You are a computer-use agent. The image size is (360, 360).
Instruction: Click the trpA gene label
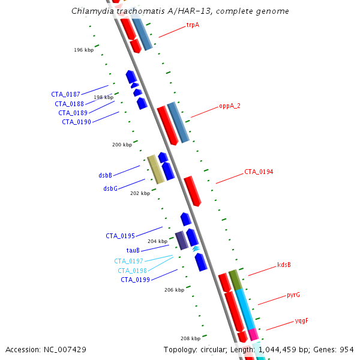tap(193, 25)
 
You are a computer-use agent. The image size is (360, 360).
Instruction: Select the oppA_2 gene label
tap(230, 106)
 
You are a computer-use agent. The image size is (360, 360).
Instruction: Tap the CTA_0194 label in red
tap(259, 172)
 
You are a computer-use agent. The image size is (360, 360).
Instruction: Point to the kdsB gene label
tap(284, 265)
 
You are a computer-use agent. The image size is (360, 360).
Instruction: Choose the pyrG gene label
tap(293, 295)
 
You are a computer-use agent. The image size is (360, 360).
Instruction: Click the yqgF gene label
tap(301, 321)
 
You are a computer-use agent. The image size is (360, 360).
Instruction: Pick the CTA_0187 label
tap(65, 94)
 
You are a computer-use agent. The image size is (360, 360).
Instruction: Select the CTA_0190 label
tap(76, 122)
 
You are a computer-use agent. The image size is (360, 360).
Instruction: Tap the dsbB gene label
tap(106, 175)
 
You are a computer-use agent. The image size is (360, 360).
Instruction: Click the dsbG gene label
tap(110, 188)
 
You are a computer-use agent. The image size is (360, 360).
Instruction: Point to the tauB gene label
tap(133, 250)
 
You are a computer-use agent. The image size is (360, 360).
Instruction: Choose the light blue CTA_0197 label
tap(128, 261)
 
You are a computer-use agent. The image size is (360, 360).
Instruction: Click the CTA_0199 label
tap(135, 280)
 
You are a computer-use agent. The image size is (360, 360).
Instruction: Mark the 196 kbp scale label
tap(84, 50)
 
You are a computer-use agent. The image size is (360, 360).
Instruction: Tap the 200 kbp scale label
tap(122, 145)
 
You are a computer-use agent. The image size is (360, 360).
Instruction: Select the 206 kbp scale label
tap(174, 290)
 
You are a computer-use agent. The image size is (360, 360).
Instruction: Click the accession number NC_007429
tap(65, 350)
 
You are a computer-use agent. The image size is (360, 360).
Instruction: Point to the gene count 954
tap(347, 350)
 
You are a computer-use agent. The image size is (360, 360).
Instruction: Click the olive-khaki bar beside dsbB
tap(155, 169)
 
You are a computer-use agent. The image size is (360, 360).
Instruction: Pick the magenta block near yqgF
tap(253, 334)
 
